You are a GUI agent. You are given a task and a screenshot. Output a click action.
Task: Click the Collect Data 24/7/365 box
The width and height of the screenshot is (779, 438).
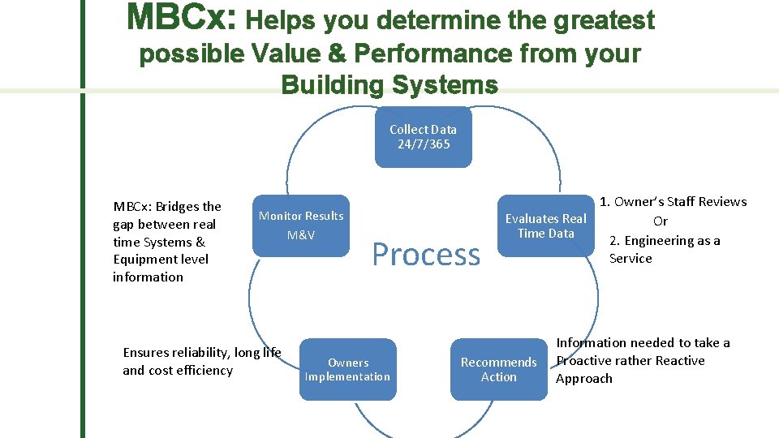(423, 137)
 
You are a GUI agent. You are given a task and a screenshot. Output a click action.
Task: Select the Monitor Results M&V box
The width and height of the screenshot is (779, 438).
(301, 225)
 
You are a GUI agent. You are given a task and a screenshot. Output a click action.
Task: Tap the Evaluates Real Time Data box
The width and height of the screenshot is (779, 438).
(545, 225)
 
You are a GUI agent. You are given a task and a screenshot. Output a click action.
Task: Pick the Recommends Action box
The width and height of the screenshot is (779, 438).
(498, 369)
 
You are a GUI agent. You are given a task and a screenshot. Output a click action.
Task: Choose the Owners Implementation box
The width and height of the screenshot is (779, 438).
(347, 370)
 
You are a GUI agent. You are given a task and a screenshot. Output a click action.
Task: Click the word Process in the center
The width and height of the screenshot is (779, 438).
(426, 255)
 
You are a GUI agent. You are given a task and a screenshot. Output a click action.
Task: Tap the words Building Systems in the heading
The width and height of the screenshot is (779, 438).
(389, 84)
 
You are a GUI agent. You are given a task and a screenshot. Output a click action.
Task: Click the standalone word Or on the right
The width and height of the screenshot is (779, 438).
(661, 221)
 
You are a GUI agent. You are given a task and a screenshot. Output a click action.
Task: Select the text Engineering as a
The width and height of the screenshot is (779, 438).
(672, 240)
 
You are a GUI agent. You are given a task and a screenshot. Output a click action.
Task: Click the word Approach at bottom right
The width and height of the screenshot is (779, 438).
(584, 379)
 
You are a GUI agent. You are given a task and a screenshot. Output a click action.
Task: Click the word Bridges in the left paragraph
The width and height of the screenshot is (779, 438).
(179, 206)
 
